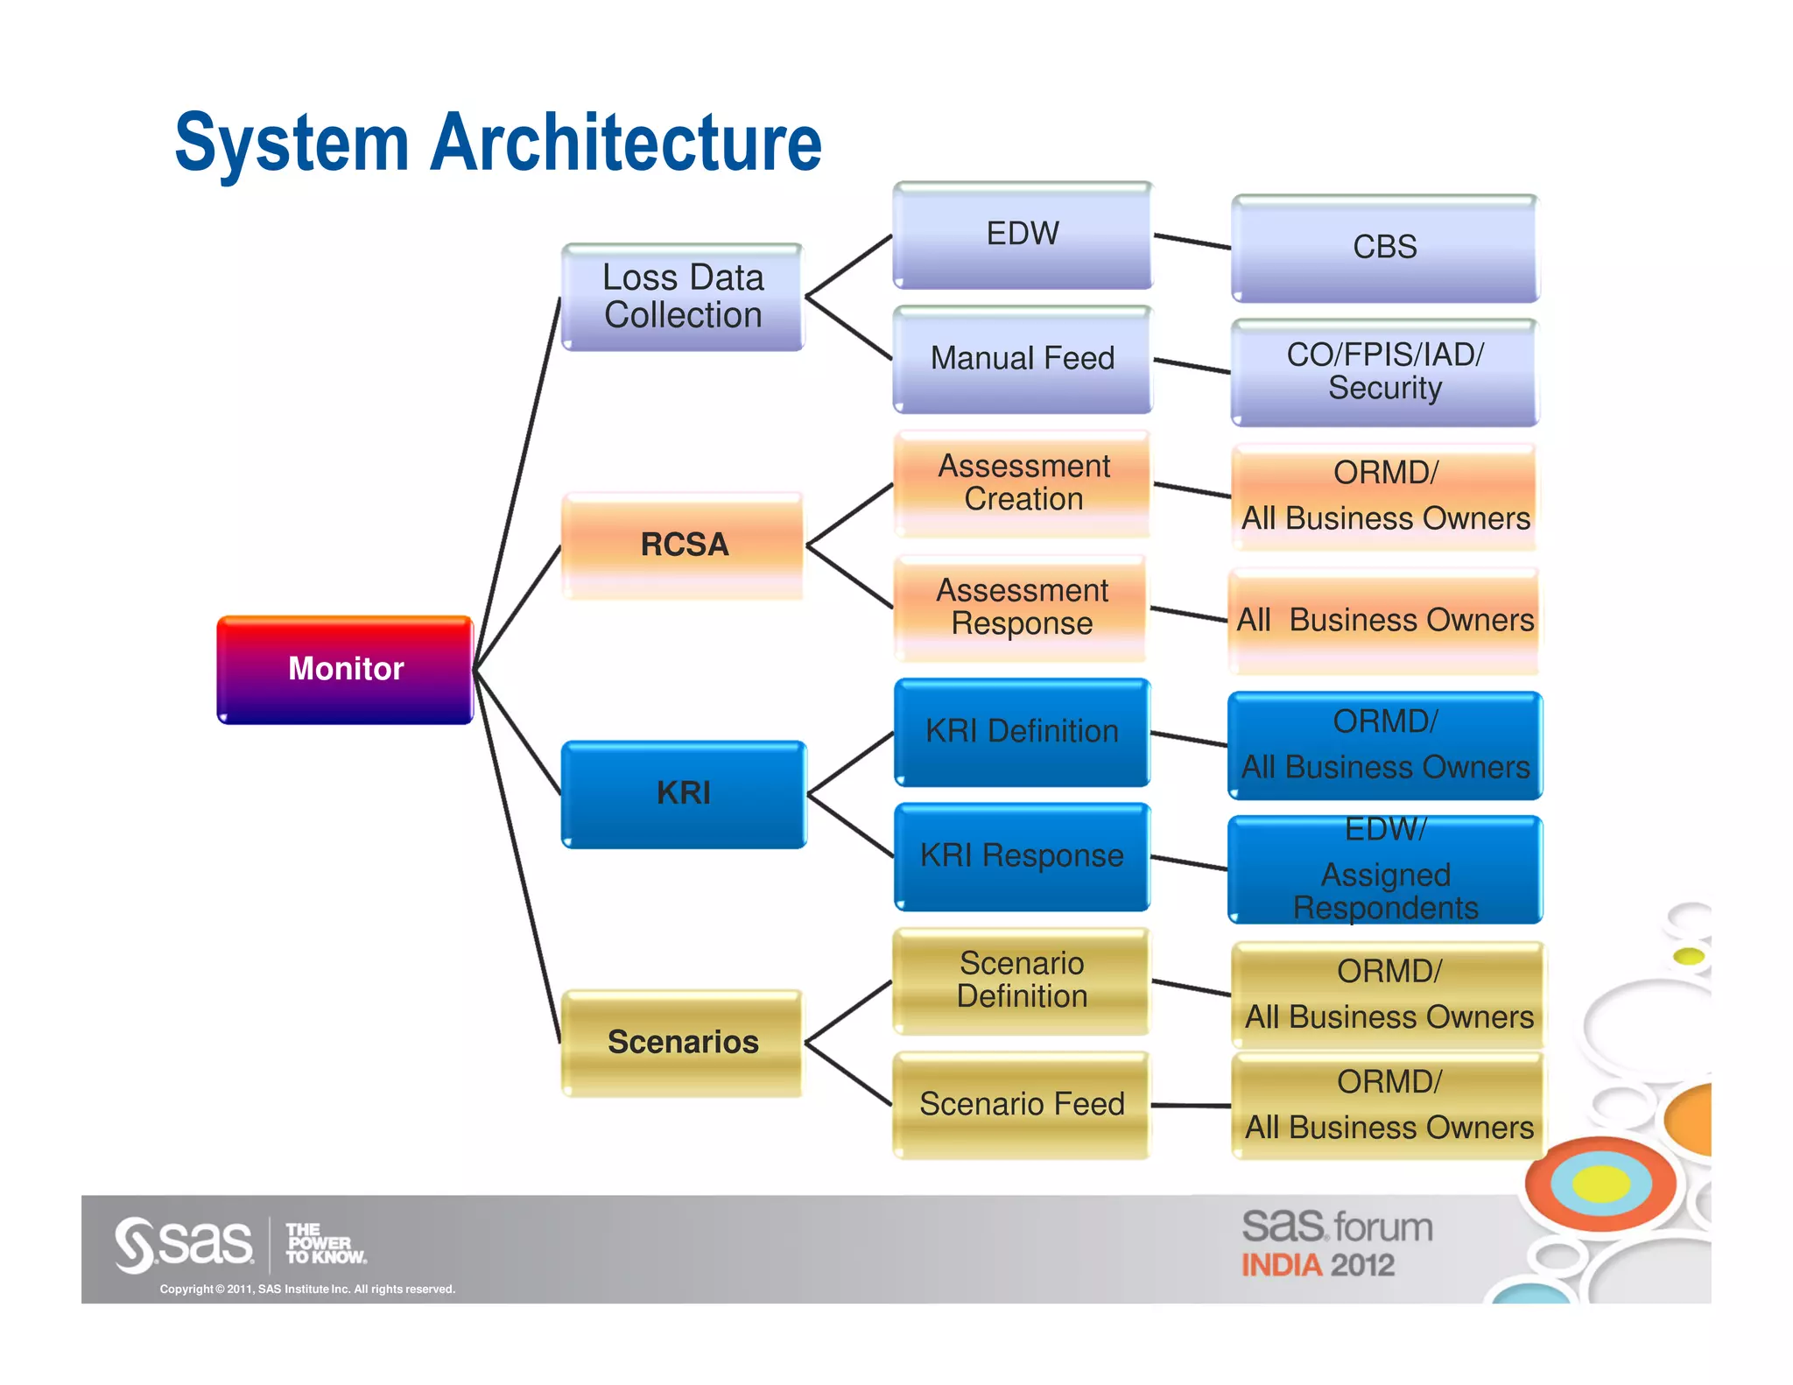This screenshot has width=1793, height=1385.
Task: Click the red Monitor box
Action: pyautogui.click(x=345, y=670)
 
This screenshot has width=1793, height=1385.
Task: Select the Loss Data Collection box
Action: pyautogui.click(x=683, y=298)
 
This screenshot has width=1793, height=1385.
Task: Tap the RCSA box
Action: pyautogui.click(x=683, y=545)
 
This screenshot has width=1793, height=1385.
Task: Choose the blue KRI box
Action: pyautogui.click(x=683, y=794)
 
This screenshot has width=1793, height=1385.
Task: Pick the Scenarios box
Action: pyautogui.click(x=683, y=1043)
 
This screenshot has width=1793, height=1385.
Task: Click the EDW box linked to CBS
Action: pyautogui.click(x=1023, y=235)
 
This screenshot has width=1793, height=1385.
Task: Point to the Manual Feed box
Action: pyautogui.click(x=1023, y=359)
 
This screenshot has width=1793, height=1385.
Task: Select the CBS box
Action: pyautogui.click(x=1385, y=248)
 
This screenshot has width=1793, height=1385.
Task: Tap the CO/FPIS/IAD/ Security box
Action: pyautogui.click(x=1385, y=372)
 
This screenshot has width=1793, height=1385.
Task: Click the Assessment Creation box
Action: pyautogui.click(x=1023, y=483)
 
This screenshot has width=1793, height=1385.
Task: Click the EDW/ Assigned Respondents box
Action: pyautogui.click(x=1385, y=869)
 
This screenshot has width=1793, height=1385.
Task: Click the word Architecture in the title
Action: pyautogui.click(x=626, y=143)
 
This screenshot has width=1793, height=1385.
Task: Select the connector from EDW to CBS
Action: pyautogui.click(x=1192, y=242)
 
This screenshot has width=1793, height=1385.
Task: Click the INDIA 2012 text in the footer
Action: pyautogui.click(x=1318, y=1266)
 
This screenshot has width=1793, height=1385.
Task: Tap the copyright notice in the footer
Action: pyautogui.click(x=307, y=1290)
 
